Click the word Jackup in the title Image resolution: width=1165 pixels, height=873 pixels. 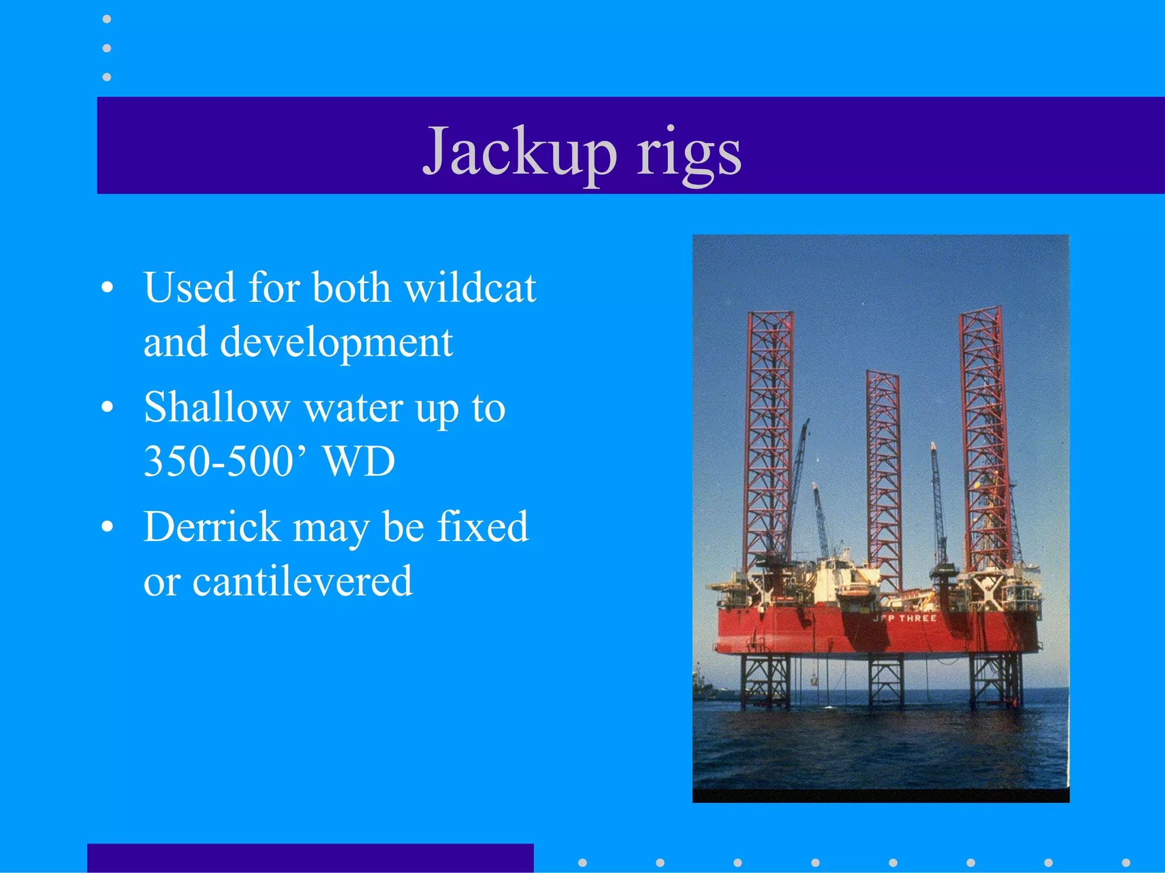519,151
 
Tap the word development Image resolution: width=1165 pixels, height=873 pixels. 336,343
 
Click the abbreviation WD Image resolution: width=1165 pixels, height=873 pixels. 359,461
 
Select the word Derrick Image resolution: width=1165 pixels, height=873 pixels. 212,527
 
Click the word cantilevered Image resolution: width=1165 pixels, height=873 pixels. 302,581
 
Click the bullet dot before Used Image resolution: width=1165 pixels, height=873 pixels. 107,288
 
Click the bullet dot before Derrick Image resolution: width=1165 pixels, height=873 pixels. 107,527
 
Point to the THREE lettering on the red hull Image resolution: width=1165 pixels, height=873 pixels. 917,618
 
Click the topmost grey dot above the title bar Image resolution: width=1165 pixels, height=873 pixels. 106,19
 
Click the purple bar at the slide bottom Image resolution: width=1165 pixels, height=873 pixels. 310,858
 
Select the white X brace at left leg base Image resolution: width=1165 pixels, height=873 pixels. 761,589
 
